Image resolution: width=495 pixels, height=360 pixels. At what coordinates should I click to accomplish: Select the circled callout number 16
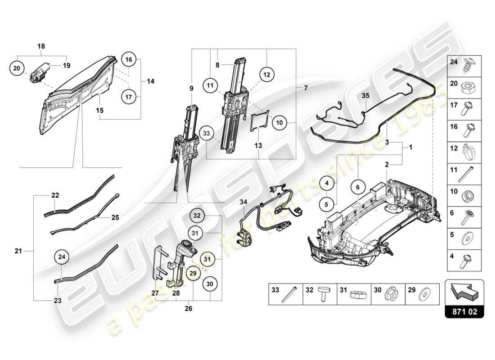[128, 59]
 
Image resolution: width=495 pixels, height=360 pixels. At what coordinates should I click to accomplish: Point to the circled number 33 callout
[207, 134]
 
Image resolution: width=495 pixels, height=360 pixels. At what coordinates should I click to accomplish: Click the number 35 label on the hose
[365, 95]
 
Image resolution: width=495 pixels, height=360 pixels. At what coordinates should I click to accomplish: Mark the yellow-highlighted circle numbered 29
[192, 273]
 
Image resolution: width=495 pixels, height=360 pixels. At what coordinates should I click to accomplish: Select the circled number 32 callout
[197, 216]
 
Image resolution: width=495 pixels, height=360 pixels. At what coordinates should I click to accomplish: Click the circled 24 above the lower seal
[62, 257]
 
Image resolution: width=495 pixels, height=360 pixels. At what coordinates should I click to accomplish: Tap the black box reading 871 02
[464, 311]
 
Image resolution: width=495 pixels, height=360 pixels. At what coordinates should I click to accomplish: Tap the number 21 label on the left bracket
[18, 251]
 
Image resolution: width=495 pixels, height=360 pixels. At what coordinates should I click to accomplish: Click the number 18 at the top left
[41, 46]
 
